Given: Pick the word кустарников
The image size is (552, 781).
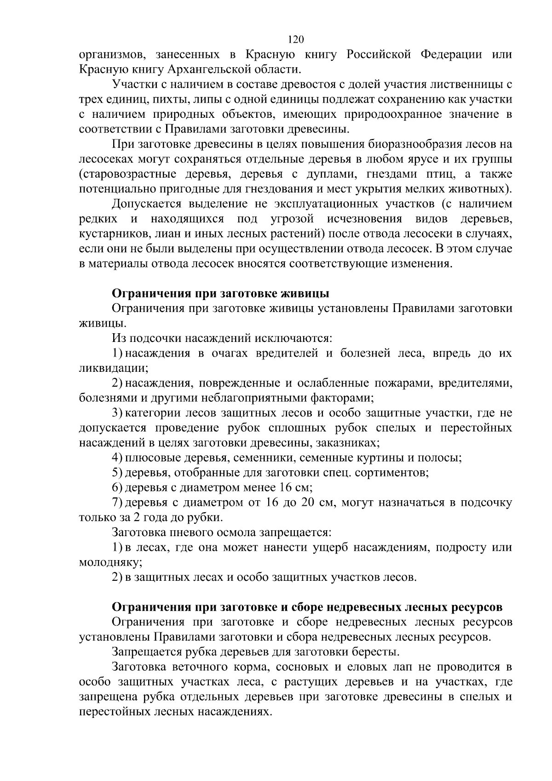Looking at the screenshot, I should (110, 234).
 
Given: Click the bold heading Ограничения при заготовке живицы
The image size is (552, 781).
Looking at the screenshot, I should (221, 294).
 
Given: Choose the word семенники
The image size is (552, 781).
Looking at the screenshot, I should (259, 458).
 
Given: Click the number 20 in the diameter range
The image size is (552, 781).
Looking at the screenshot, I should (308, 502).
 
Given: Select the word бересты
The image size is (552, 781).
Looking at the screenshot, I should (376, 652).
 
